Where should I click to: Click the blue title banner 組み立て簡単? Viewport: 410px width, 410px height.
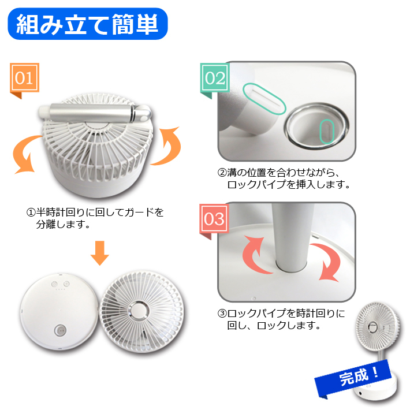(88, 24)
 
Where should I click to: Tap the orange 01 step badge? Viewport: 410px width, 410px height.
(24, 78)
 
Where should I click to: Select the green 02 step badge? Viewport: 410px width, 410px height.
(215, 78)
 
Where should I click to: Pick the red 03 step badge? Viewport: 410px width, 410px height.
(214, 219)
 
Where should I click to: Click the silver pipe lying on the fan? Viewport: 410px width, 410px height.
(95, 113)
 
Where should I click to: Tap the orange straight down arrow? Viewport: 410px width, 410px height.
(100, 253)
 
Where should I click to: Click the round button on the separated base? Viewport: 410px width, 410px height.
(60, 330)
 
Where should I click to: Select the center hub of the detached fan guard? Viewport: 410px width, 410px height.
(139, 311)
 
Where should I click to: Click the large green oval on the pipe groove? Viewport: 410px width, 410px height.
(264, 99)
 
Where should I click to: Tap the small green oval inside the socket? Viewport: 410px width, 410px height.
(327, 131)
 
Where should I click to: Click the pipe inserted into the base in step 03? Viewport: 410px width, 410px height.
(293, 238)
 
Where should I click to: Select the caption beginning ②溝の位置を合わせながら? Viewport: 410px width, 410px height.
(284, 178)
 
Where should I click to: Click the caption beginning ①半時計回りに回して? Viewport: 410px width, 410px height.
(95, 218)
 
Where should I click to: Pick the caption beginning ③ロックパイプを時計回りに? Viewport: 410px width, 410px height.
(281, 319)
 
